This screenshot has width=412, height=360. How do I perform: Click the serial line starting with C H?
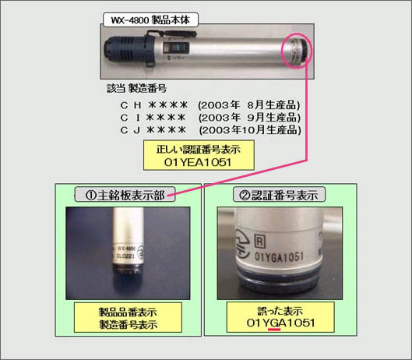[x=153, y=104]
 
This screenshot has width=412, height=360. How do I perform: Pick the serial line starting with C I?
[x=153, y=117]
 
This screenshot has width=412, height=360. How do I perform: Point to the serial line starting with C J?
[x=153, y=129]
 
